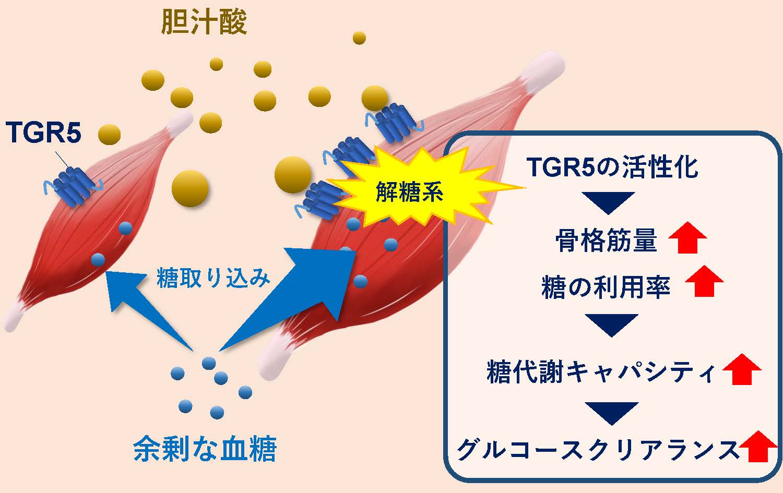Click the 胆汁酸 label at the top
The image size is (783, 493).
tap(204, 22)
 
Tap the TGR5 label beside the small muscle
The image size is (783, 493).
tap(43, 133)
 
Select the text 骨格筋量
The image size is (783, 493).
tap(607, 241)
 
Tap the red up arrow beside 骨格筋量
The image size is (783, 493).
tap(687, 237)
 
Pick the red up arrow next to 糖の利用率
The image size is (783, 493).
tap(704, 281)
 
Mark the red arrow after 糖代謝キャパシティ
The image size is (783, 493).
tap(742, 369)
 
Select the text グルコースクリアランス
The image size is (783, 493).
tap(597, 450)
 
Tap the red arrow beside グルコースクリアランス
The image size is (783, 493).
tap(758, 447)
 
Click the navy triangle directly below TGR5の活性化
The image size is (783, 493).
tap(609, 202)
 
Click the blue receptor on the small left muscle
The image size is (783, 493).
tap(74, 186)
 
